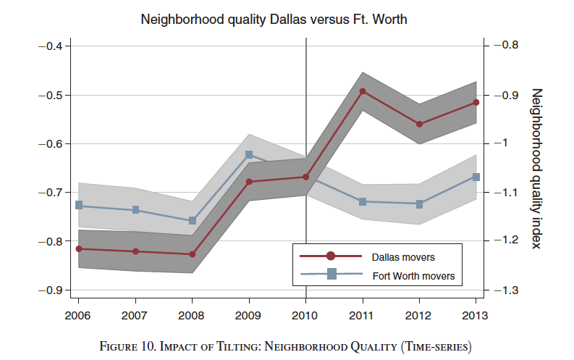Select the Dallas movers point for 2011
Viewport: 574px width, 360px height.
[x=363, y=91]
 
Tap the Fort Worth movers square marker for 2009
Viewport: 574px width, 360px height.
[x=249, y=154]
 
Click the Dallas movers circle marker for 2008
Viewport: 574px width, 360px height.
[x=192, y=254]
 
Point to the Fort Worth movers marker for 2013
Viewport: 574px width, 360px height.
[x=476, y=177]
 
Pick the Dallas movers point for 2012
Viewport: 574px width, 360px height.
[x=420, y=124]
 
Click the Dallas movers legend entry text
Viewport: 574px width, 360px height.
[x=403, y=256]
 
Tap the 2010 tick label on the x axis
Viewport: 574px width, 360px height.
[x=305, y=316]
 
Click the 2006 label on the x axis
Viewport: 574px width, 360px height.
[x=77, y=316]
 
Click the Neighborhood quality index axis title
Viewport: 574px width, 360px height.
[x=536, y=168]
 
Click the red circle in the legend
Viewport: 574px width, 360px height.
[x=331, y=256]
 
